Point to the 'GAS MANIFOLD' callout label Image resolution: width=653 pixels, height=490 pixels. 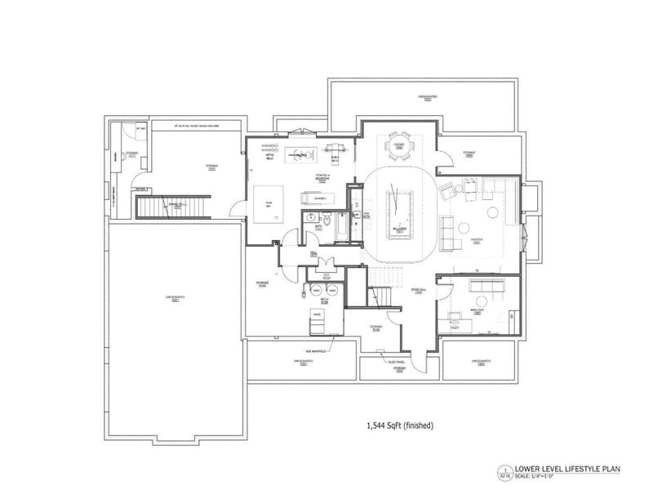coord(317,349)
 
